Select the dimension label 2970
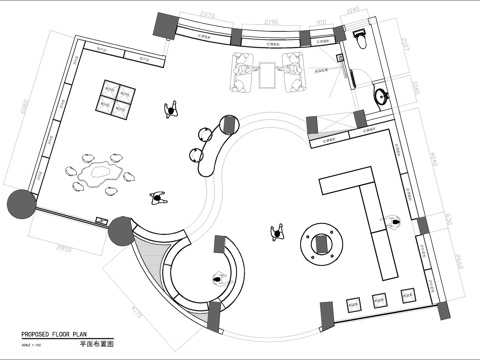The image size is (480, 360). [207, 17]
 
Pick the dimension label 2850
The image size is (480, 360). [65, 244]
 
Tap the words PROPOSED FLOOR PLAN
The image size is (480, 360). [63, 333]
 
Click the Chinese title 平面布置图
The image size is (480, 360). [97, 343]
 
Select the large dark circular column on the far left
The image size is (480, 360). [21, 206]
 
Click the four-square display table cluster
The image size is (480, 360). [117, 94]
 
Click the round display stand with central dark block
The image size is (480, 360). [321, 242]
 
